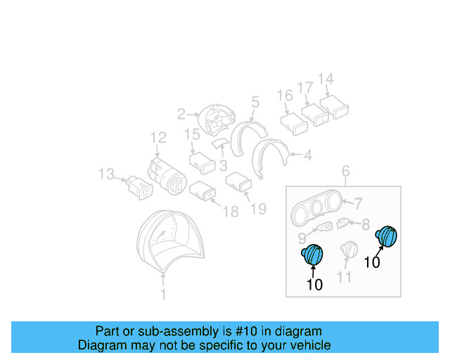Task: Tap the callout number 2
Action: pyautogui.click(x=181, y=113)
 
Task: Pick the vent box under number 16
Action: pyautogui.click(x=293, y=122)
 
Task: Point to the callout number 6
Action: pyautogui.click(x=345, y=171)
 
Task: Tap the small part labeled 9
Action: pyautogui.click(x=326, y=229)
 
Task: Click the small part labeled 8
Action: pyautogui.click(x=342, y=224)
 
